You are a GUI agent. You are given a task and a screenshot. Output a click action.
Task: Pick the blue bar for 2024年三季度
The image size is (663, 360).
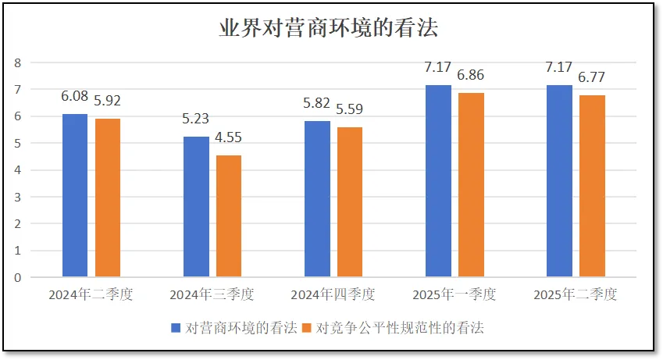point(196,207)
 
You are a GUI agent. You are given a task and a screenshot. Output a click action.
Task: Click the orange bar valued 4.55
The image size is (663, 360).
point(229,216)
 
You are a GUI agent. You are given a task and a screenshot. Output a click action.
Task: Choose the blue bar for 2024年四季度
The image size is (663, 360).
point(317,199)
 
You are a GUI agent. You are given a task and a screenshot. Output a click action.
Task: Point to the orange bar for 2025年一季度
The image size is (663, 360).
point(471,185)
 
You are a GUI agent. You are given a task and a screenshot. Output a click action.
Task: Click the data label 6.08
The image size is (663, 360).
point(75,97)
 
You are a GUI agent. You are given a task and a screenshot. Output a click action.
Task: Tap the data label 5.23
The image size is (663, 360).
point(196,119)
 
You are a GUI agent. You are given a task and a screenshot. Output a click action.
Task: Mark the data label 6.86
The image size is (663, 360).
point(471,76)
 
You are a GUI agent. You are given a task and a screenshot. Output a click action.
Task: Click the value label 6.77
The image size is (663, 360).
point(592,78)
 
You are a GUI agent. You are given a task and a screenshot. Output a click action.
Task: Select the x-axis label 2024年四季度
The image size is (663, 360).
point(333,296)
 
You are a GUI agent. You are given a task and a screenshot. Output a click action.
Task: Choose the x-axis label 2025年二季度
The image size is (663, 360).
point(576,296)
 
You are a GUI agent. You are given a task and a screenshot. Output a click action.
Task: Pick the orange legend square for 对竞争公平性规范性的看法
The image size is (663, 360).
point(307,328)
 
